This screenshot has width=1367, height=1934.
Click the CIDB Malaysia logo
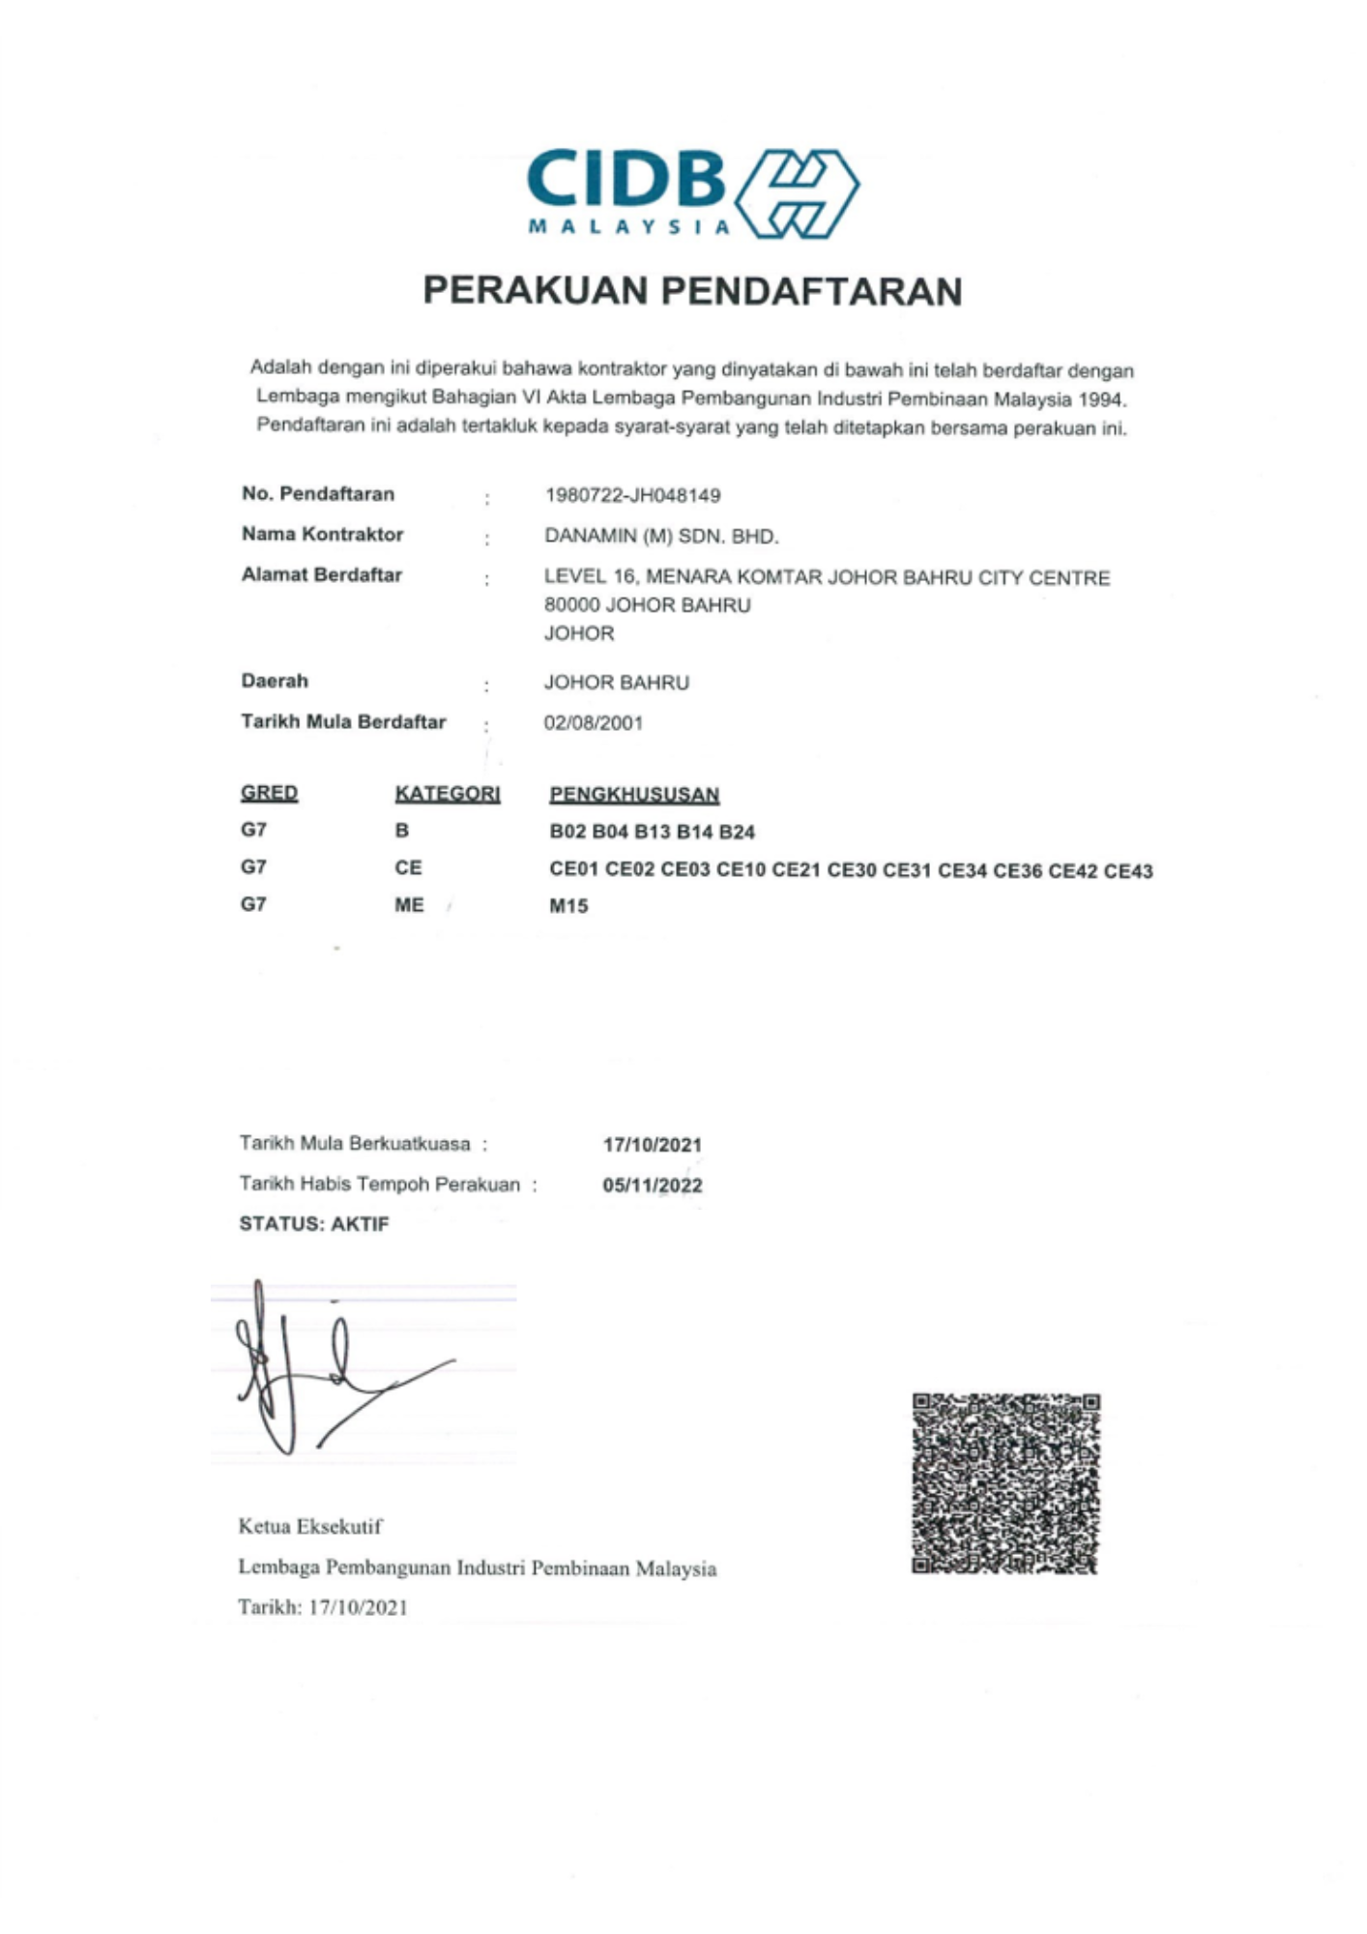coord(692,193)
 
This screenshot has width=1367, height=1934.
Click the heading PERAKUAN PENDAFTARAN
coord(692,291)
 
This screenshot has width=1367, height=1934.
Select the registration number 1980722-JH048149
coord(632,496)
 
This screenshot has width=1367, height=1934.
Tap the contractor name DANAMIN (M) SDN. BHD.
coord(661,537)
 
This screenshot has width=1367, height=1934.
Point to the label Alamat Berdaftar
coord(321,575)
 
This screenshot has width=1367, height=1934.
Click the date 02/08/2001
coord(593,723)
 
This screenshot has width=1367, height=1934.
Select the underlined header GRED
coord(269,793)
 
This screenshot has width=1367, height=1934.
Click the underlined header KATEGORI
coord(447,794)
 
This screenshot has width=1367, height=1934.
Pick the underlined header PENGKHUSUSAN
coord(634,795)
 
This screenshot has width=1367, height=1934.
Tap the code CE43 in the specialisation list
coord(1128,871)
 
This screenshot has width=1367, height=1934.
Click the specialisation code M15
coord(568,907)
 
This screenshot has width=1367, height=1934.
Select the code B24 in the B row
coord(737,833)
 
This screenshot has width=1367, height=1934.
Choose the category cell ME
coord(409,905)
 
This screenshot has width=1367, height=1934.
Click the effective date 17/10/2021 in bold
coord(653,1145)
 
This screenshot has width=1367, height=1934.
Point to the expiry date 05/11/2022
coord(653,1186)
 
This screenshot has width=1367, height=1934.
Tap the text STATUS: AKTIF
coord(314,1224)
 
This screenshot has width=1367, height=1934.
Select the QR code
coord(1005,1483)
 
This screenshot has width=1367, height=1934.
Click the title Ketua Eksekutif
coord(310,1527)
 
